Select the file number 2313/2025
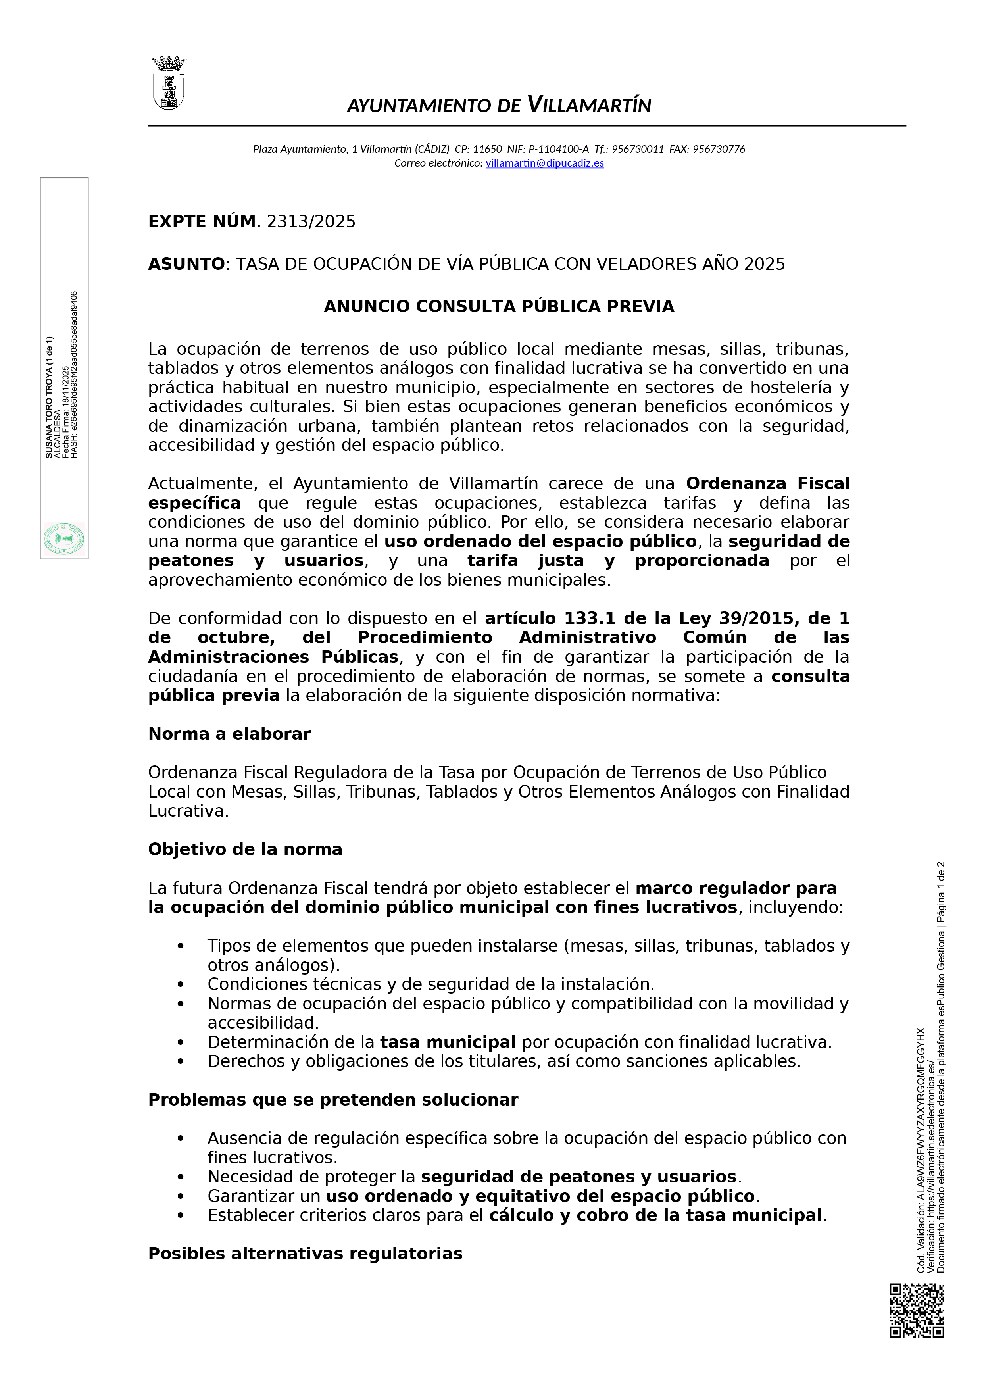tap(311, 222)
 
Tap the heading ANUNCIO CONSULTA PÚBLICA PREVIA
tap(499, 307)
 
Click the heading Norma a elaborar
tap(229, 734)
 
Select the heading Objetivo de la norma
tap(245, 850)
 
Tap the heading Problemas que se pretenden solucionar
tap(333, 1100)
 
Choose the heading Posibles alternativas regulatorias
tap(305, 1254)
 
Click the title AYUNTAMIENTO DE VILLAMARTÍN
tap(499, 106)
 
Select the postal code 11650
tap(488, 149)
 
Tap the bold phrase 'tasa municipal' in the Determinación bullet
tap(448, 1043)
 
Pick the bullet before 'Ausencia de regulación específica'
tap(181, 1139)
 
